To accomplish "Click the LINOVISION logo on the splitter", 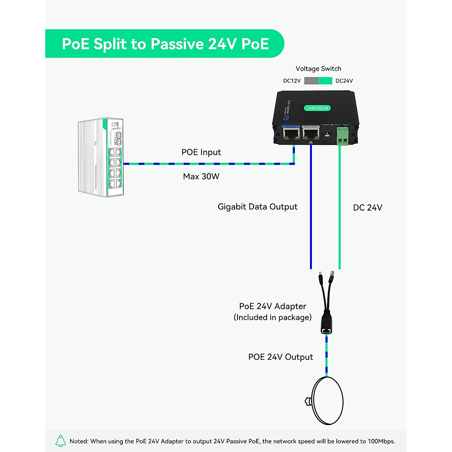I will pyautogui.click(x=317, y=108).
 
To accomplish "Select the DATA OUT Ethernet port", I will pyautogui.click(x=311, y=134).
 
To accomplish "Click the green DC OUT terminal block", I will pyautogui.click(x=342, y=136).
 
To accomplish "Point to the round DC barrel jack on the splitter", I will pyautogui.click(x=327, y=134).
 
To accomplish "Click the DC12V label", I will pyautogui.click(x=292, y=81).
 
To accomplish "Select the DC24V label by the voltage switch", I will pyautogui.click(x=344, y=81).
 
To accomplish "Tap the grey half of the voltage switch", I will pyautogui.click(x=311, y=81).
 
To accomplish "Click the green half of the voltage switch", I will pyautogui.click(x=325, y=81).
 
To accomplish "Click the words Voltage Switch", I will pyautogui.click(x=318, y=69).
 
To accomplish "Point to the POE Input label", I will pyautogui.click(x=201, y=152).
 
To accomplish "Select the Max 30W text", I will pyautogui.click(x=201, y=176).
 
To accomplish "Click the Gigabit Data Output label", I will pyautogui.click(x=258, y=207).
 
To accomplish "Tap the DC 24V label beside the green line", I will pyautogui.click(x=368, y=208).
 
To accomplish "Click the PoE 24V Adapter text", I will pyautogui.click(x=273, y=306).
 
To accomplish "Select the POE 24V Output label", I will pyautogui.click(x=281, y=357).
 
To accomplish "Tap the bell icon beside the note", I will pyautogui.click(x=61, y=441).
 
